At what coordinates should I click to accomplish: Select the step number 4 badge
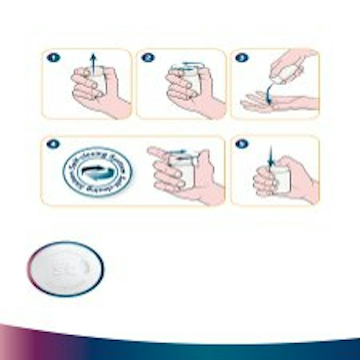point(53,144)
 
